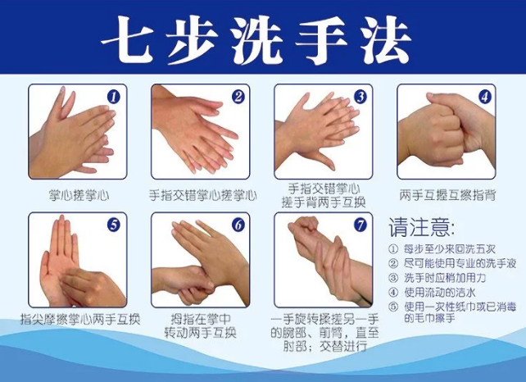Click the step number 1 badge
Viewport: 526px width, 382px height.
[x=114, y=97]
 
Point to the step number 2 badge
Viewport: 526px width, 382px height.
[x=238, y=97]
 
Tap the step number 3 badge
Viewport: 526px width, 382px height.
[x=360, y=97]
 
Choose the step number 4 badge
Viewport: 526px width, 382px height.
[x=485, y=97]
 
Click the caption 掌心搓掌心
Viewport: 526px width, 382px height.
[x=79, y=196]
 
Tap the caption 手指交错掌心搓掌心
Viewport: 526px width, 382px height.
[x=202, y=196]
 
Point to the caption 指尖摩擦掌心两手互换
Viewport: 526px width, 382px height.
[x=79, y=319]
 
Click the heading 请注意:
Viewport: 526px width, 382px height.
[x=420, y=225]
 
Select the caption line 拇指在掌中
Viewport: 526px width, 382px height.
[x=202, y=319]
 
